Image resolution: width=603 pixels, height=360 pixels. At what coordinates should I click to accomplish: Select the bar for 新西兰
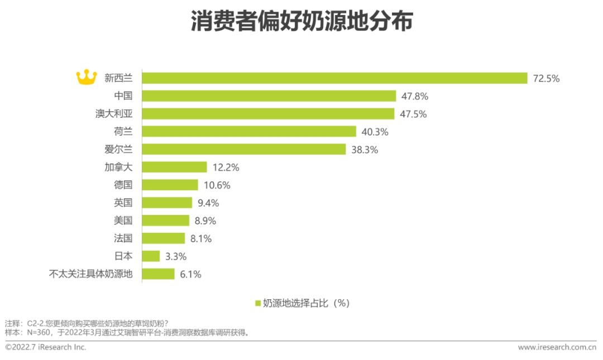[x=334, y=78]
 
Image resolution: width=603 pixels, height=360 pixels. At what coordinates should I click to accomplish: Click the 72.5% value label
[x=546, y=78]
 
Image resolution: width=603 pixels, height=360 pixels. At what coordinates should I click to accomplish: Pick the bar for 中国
[x=269, y=96]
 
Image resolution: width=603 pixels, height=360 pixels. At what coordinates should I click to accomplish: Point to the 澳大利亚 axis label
[x=114, y=114]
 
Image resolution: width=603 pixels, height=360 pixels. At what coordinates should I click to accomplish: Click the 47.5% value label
[x=414, y=114]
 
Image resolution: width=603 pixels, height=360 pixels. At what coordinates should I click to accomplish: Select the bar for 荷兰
[x=249, y=132]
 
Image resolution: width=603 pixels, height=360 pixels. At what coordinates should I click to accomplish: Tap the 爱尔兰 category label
[x=118, y=150]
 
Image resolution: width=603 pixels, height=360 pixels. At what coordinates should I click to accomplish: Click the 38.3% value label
[x=365, y=150]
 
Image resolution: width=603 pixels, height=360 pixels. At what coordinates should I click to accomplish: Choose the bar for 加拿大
[x=174, y=167]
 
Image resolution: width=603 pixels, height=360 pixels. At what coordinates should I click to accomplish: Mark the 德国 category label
[x=123, y=185]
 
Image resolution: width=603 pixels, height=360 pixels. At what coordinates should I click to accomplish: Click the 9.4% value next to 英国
[x=206, y=203]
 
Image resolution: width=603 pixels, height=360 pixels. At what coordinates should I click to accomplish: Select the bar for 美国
[x=165, y=220]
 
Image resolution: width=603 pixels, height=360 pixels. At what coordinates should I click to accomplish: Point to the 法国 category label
[x=123, y=238]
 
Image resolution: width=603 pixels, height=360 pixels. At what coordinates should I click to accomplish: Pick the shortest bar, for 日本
[x=151, y=256]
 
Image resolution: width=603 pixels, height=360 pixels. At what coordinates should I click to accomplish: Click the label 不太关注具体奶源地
[x=91, y=274]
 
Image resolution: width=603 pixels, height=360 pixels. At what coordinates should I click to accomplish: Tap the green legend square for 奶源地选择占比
[x=258, y=303]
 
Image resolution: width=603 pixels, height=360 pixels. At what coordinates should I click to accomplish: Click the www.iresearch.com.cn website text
[x=557, y=347]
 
